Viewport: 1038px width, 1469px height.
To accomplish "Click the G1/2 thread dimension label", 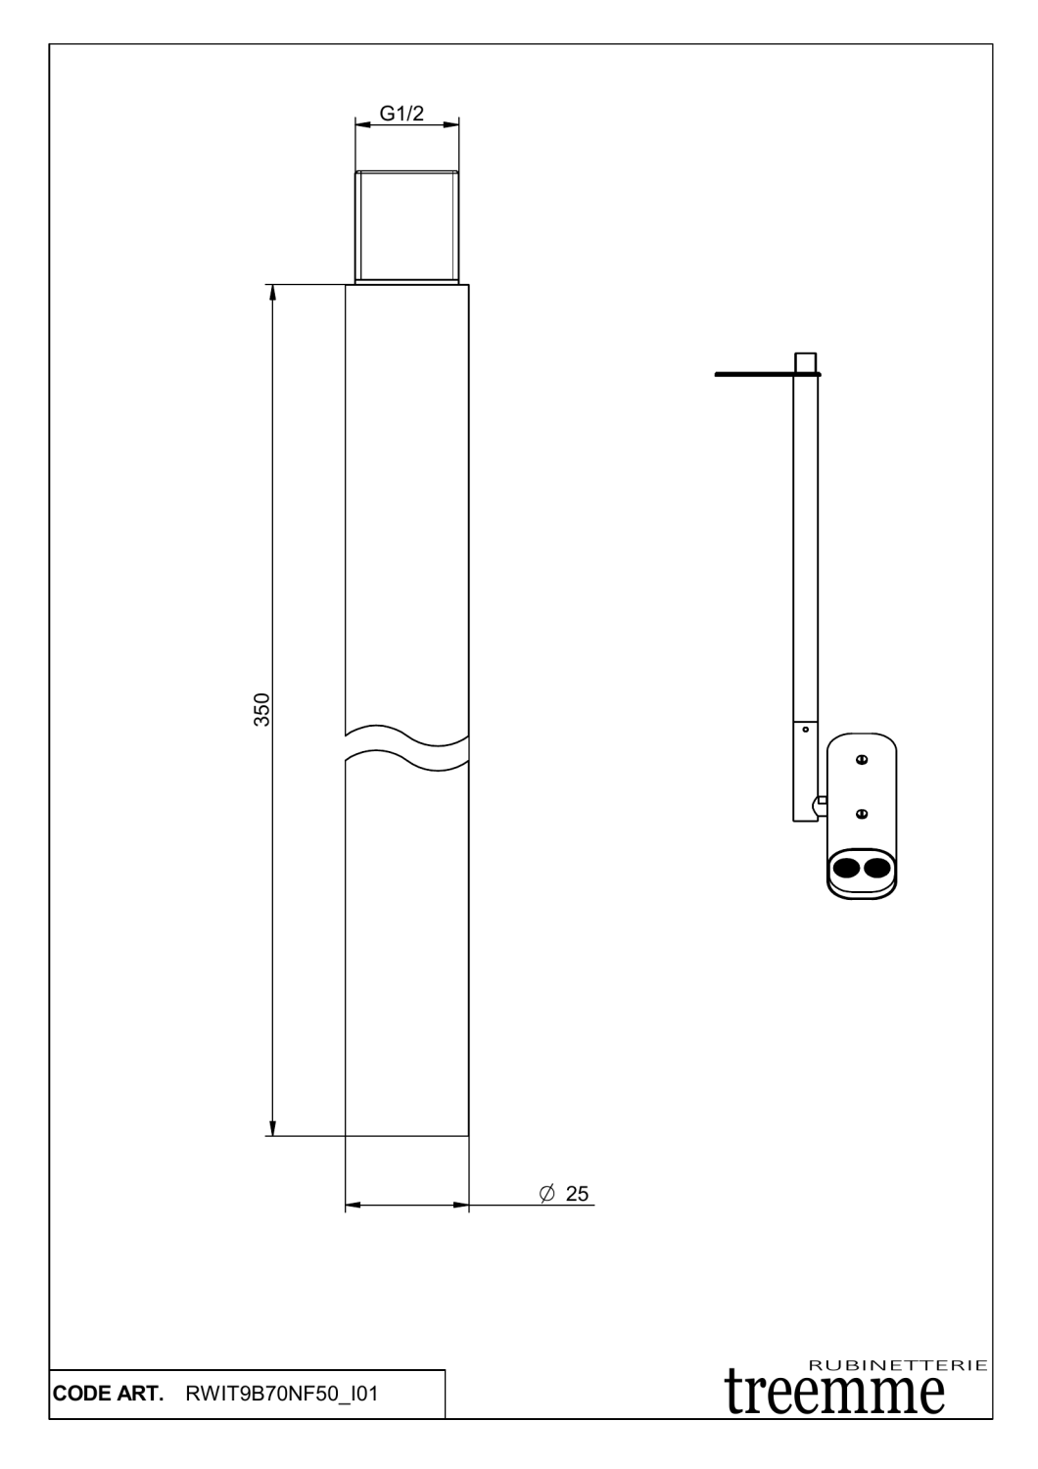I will (402, 114).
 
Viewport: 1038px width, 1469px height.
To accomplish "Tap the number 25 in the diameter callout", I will (578, 1193).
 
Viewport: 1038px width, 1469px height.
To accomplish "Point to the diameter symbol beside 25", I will (547, 1193).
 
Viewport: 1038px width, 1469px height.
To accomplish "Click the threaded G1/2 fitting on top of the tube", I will (407, 226).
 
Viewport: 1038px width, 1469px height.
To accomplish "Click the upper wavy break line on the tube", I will (406, 732).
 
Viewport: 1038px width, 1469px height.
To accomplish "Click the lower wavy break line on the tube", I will (406, 758).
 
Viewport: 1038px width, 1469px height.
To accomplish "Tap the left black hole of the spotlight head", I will (845, 866).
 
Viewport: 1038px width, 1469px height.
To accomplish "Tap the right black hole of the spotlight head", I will (875, 866).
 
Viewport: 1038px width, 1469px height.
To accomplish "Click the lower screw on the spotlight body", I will (862, 813).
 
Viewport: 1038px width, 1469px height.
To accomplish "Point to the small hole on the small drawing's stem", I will (805, 729).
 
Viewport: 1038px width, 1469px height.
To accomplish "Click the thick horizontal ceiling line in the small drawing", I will (754, 373).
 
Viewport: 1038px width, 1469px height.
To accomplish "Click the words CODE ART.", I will (108, 1395).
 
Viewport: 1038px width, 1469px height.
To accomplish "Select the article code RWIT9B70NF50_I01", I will (281, 1395).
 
